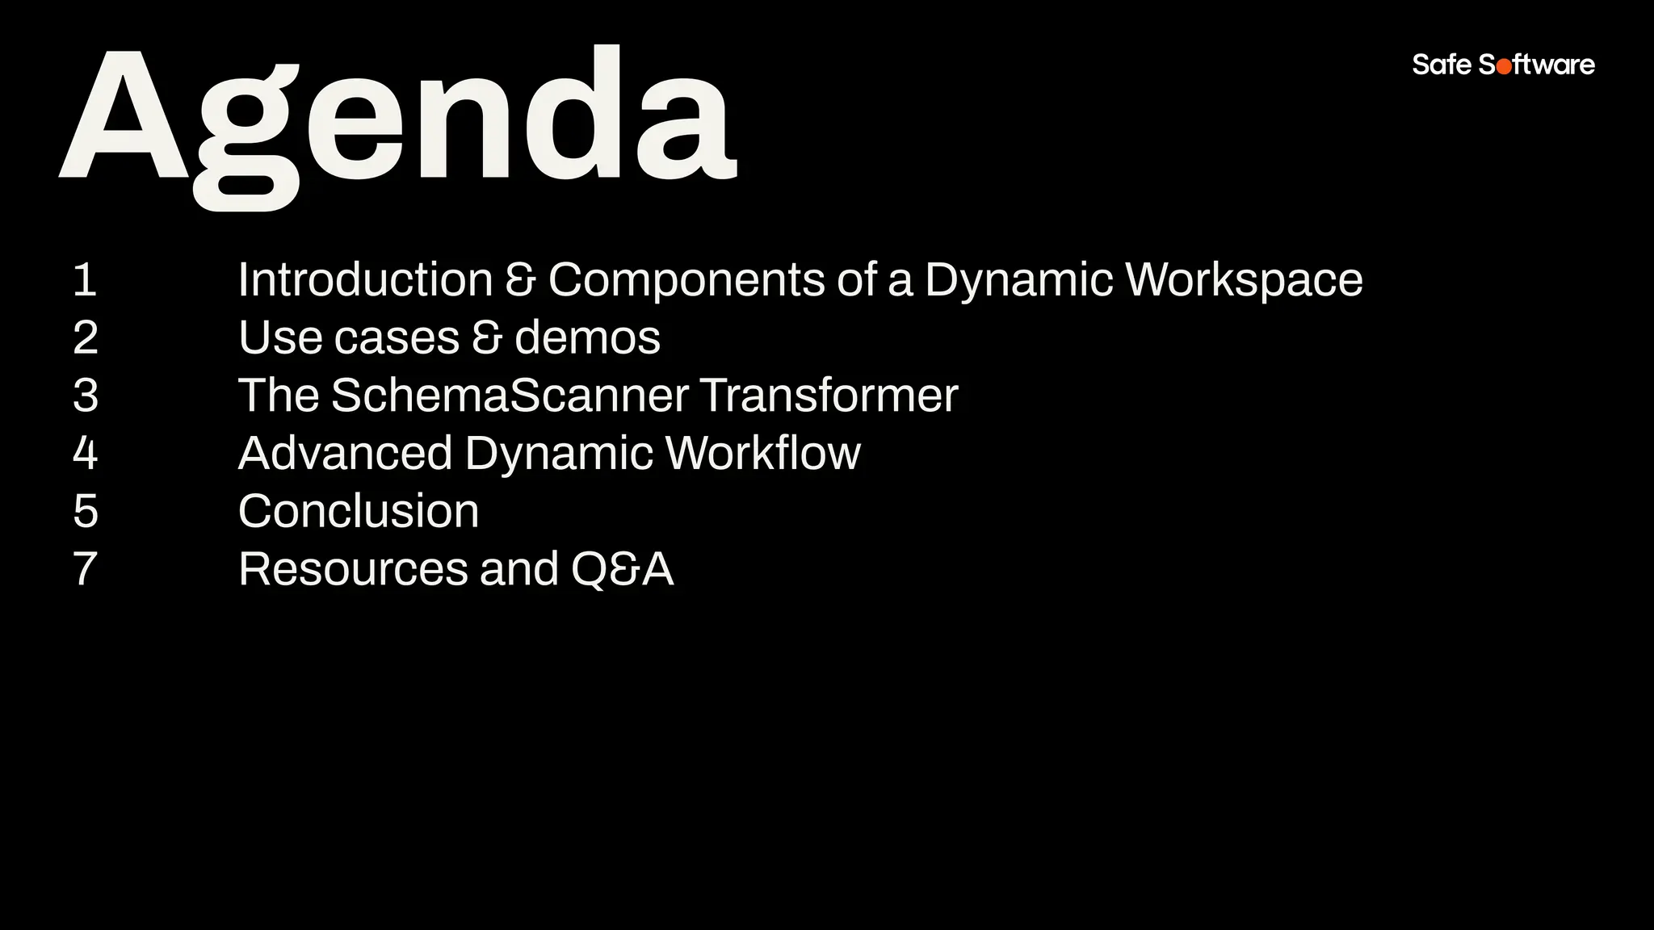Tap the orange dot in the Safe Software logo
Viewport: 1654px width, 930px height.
1504,67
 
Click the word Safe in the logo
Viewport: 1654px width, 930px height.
1442,65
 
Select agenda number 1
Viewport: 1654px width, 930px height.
85,280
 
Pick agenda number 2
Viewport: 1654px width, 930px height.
86,337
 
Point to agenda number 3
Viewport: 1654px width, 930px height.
86,396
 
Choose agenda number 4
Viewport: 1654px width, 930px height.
86,453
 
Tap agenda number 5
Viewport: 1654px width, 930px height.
86,511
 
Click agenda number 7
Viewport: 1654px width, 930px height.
86,569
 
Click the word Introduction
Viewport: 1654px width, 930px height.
365,280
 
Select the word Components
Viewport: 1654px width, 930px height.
686,280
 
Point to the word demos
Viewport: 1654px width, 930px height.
587,337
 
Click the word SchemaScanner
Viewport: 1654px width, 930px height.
510,396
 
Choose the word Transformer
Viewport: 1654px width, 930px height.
829,396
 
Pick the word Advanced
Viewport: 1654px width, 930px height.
345,453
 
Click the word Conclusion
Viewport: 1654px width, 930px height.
359,511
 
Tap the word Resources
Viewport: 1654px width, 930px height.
353,569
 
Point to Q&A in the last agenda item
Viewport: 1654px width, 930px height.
622,569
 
